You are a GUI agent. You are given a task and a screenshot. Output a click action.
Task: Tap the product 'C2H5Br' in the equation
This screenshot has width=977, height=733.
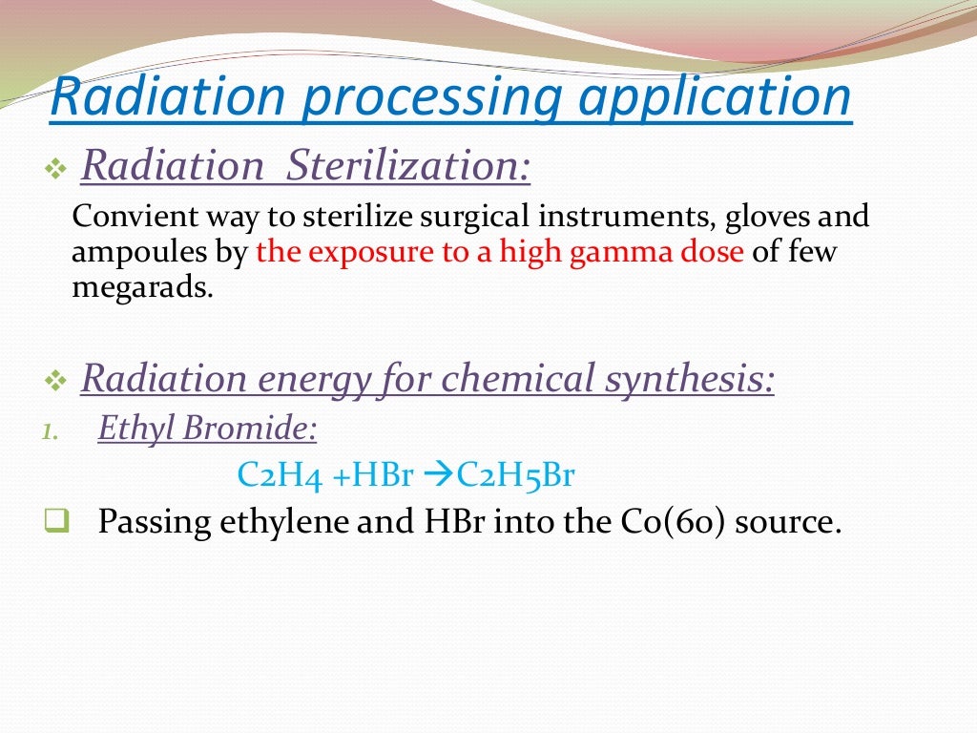[515, 474]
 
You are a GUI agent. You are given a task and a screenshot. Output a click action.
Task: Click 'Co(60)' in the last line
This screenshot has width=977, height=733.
[667, 522]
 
